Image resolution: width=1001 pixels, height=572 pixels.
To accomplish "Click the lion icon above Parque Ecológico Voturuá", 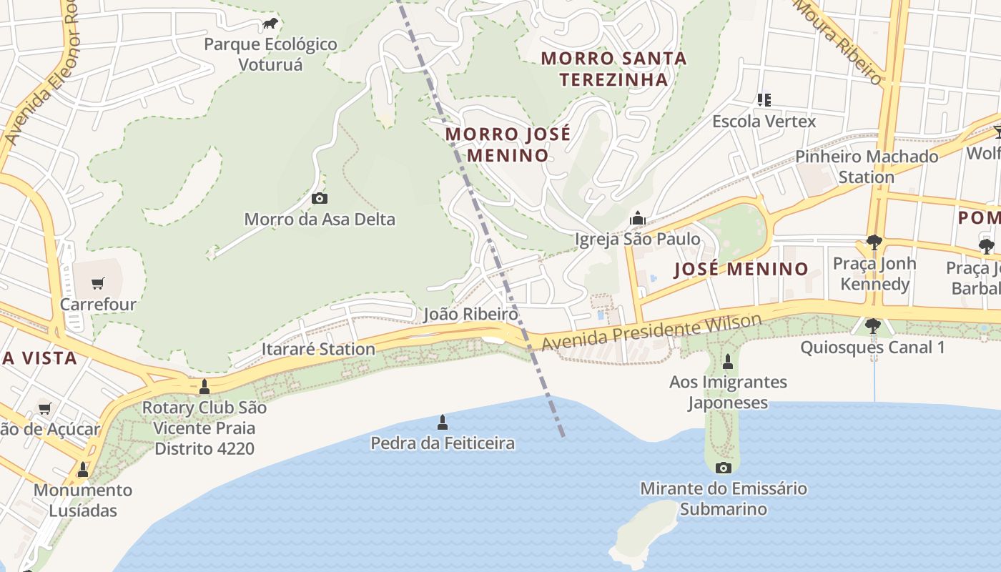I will (270, 24).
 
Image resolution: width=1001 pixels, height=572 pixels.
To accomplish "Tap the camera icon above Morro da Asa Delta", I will (320, 198).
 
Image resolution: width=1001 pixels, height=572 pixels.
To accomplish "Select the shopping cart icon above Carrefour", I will (98, 283).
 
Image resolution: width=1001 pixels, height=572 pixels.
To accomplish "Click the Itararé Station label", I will (318, 349).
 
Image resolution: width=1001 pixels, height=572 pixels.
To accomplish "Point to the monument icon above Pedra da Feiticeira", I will (442, 422).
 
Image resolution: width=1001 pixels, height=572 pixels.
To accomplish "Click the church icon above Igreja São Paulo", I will (637, 218).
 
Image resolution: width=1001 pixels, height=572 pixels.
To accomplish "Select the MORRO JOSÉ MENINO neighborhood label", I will (508, 144).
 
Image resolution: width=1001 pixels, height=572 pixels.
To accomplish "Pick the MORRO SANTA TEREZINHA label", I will (613, 69).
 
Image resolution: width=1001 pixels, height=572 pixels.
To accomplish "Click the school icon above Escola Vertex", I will (764, 100).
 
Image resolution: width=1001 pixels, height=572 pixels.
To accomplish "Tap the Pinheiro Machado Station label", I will (867, 167).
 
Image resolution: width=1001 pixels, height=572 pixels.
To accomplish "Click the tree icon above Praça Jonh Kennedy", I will (874, 242).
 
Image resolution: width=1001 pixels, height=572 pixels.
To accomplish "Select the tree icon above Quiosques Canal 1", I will (872, 326).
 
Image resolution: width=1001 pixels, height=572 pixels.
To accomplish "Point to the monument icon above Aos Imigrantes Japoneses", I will (728, 361).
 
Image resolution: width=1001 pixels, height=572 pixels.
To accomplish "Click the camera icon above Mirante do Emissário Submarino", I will (724, 468).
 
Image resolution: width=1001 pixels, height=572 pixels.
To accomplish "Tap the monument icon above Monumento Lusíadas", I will (83, 469).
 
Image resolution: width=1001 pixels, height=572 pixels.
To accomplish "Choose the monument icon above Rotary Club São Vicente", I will (204, 387).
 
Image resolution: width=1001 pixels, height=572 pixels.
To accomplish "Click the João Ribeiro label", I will (470, 314).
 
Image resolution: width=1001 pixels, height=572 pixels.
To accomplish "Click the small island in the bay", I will (643, 529).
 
